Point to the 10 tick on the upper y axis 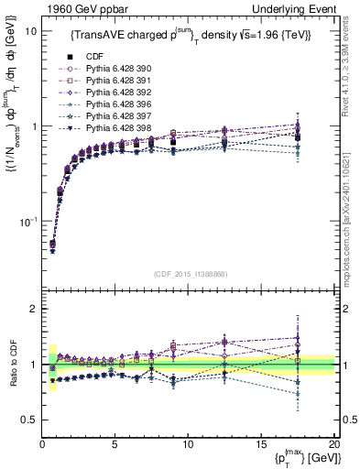[x=31, y=30]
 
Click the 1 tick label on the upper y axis [x=34, y=125]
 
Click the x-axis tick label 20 [x=334, y=444]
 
